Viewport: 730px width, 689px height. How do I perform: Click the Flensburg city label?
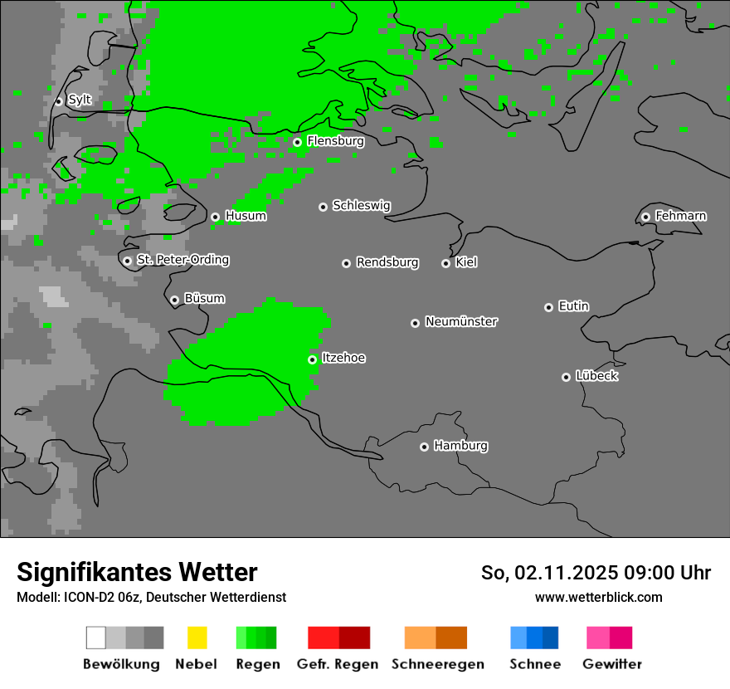pos(335,141)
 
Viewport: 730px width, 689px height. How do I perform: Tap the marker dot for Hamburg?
pos(424,447)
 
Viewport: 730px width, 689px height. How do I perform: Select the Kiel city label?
pos(466,262)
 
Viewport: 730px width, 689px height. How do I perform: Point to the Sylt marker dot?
pos(59,101)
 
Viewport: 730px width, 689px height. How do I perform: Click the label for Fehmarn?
pos(680,216)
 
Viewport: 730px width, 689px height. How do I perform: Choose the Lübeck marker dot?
pos(566,377)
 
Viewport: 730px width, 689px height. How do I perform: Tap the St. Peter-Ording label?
pos(182,260)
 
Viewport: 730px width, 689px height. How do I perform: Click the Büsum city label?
pos(204,299)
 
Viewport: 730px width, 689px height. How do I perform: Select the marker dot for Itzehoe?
pos(312,359)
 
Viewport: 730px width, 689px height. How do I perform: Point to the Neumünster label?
pos(461,321)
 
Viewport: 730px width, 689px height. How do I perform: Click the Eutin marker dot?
pos(548,307)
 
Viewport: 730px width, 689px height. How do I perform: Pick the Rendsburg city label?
pos(387,262)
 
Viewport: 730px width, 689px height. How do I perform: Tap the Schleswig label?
pos(361,206)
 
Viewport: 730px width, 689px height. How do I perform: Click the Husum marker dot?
pos(215,217)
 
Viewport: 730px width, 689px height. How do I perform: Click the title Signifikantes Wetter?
pos(137,572)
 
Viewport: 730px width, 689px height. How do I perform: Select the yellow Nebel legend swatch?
pos(197,638)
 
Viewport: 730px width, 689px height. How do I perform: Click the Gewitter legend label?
pos(612,664)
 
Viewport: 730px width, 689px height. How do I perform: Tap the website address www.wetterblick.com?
pos(599,597)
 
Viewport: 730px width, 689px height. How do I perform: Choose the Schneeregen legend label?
pos(437,664)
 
